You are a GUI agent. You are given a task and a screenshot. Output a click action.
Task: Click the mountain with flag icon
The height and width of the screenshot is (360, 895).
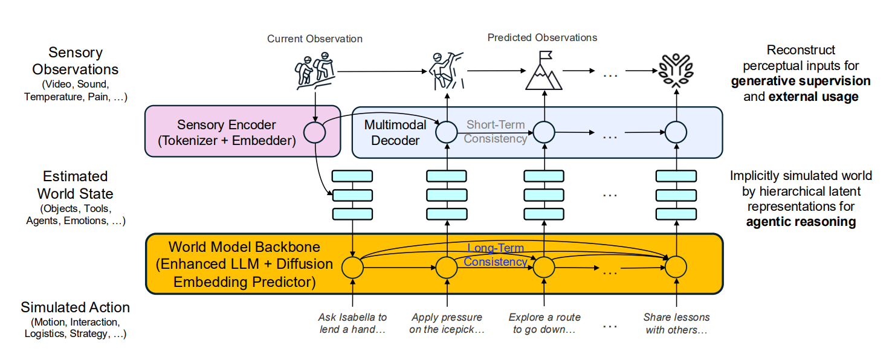(544, 71)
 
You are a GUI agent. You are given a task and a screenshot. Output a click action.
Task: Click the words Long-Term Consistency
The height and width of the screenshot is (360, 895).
(496, 255)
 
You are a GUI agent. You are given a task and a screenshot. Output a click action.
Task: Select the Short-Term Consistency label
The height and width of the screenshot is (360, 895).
(496, 132)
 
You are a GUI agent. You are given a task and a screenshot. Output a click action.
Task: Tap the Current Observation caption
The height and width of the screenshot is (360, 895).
(315, 39)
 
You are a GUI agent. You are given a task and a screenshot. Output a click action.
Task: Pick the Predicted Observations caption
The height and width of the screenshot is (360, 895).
(542, 37)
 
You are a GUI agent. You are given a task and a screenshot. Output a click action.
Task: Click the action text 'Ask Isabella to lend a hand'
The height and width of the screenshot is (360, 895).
(352, 323)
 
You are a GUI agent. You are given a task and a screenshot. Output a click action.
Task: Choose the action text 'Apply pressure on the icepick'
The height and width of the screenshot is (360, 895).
(447, 323)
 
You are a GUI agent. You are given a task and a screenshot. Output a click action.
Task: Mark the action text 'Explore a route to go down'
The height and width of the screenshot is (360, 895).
(544, 323)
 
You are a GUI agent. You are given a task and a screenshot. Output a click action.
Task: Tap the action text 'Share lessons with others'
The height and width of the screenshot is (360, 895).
(676, 323)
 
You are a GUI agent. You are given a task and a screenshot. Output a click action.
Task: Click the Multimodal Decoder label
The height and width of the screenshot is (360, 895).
(395, 133)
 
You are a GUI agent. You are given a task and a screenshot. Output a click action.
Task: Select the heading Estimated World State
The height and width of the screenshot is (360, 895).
(75, 185)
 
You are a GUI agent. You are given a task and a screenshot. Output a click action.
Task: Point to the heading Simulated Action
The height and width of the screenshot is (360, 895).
(75, 307)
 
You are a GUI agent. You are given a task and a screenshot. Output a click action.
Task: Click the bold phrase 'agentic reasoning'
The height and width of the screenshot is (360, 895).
(801, 222)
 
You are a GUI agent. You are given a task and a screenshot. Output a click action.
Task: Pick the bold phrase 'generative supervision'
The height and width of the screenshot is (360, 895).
(801, 81)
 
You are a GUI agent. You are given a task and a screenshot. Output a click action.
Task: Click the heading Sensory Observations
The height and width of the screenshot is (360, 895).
(75, 60)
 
